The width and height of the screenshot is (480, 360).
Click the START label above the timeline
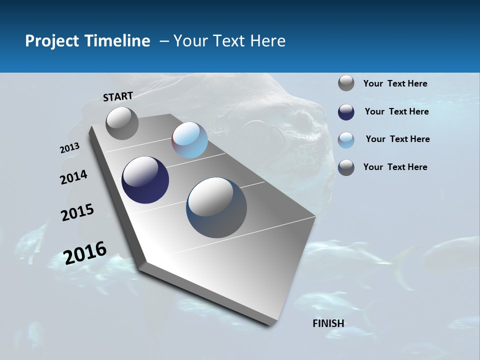(x=118, y=96)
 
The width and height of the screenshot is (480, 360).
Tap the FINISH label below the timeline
(x=328, y=323)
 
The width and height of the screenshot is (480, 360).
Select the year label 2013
(x=69, y=148)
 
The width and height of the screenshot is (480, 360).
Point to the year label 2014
(x=74, y=177)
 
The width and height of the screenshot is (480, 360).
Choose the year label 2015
(x=77, y=212)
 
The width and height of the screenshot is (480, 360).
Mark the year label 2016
(x=85, y=252)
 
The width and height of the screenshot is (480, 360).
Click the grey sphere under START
(x=122, y=123)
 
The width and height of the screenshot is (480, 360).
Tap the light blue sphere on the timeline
(x=189, y=140)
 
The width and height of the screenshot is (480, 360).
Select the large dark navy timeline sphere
(x=145, y=180)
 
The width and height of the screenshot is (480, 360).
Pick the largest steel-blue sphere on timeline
(x=216, y=207)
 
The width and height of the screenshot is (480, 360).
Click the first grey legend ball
(x=346, y=83)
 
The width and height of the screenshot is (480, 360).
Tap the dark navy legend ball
(x=346, y=112)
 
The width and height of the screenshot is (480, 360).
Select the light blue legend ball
(x=346, y=140)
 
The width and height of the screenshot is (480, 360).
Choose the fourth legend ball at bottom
(x=346, y=167)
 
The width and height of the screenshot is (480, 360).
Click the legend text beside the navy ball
(x=396, y=111)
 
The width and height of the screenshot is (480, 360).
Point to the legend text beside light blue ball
(x=397, y=139)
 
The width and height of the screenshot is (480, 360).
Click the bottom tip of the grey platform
(x=270, y=325)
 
